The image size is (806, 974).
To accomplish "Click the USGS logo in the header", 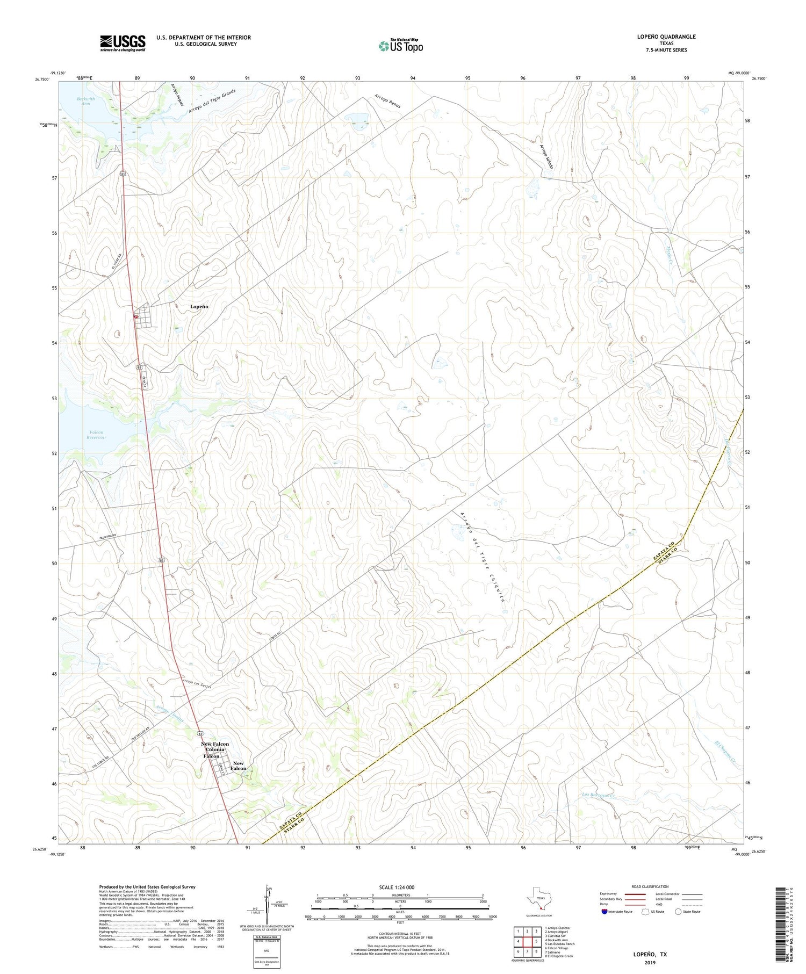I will (x=123, y=43).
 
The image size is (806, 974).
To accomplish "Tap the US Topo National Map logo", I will (x=400, y=46).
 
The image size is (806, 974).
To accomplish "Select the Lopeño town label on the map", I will (x=199, y=306).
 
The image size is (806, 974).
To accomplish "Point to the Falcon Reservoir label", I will (x=97, y=435).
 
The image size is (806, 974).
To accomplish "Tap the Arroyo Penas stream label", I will (x=387, y=101).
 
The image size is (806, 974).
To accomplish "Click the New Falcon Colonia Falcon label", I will (x=214, y=750).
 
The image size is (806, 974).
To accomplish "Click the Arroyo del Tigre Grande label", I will (x=212, y=101).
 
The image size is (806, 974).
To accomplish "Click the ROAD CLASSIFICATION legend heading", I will (x=650, y=886).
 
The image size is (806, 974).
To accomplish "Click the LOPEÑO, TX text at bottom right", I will (x=650, y=955).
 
